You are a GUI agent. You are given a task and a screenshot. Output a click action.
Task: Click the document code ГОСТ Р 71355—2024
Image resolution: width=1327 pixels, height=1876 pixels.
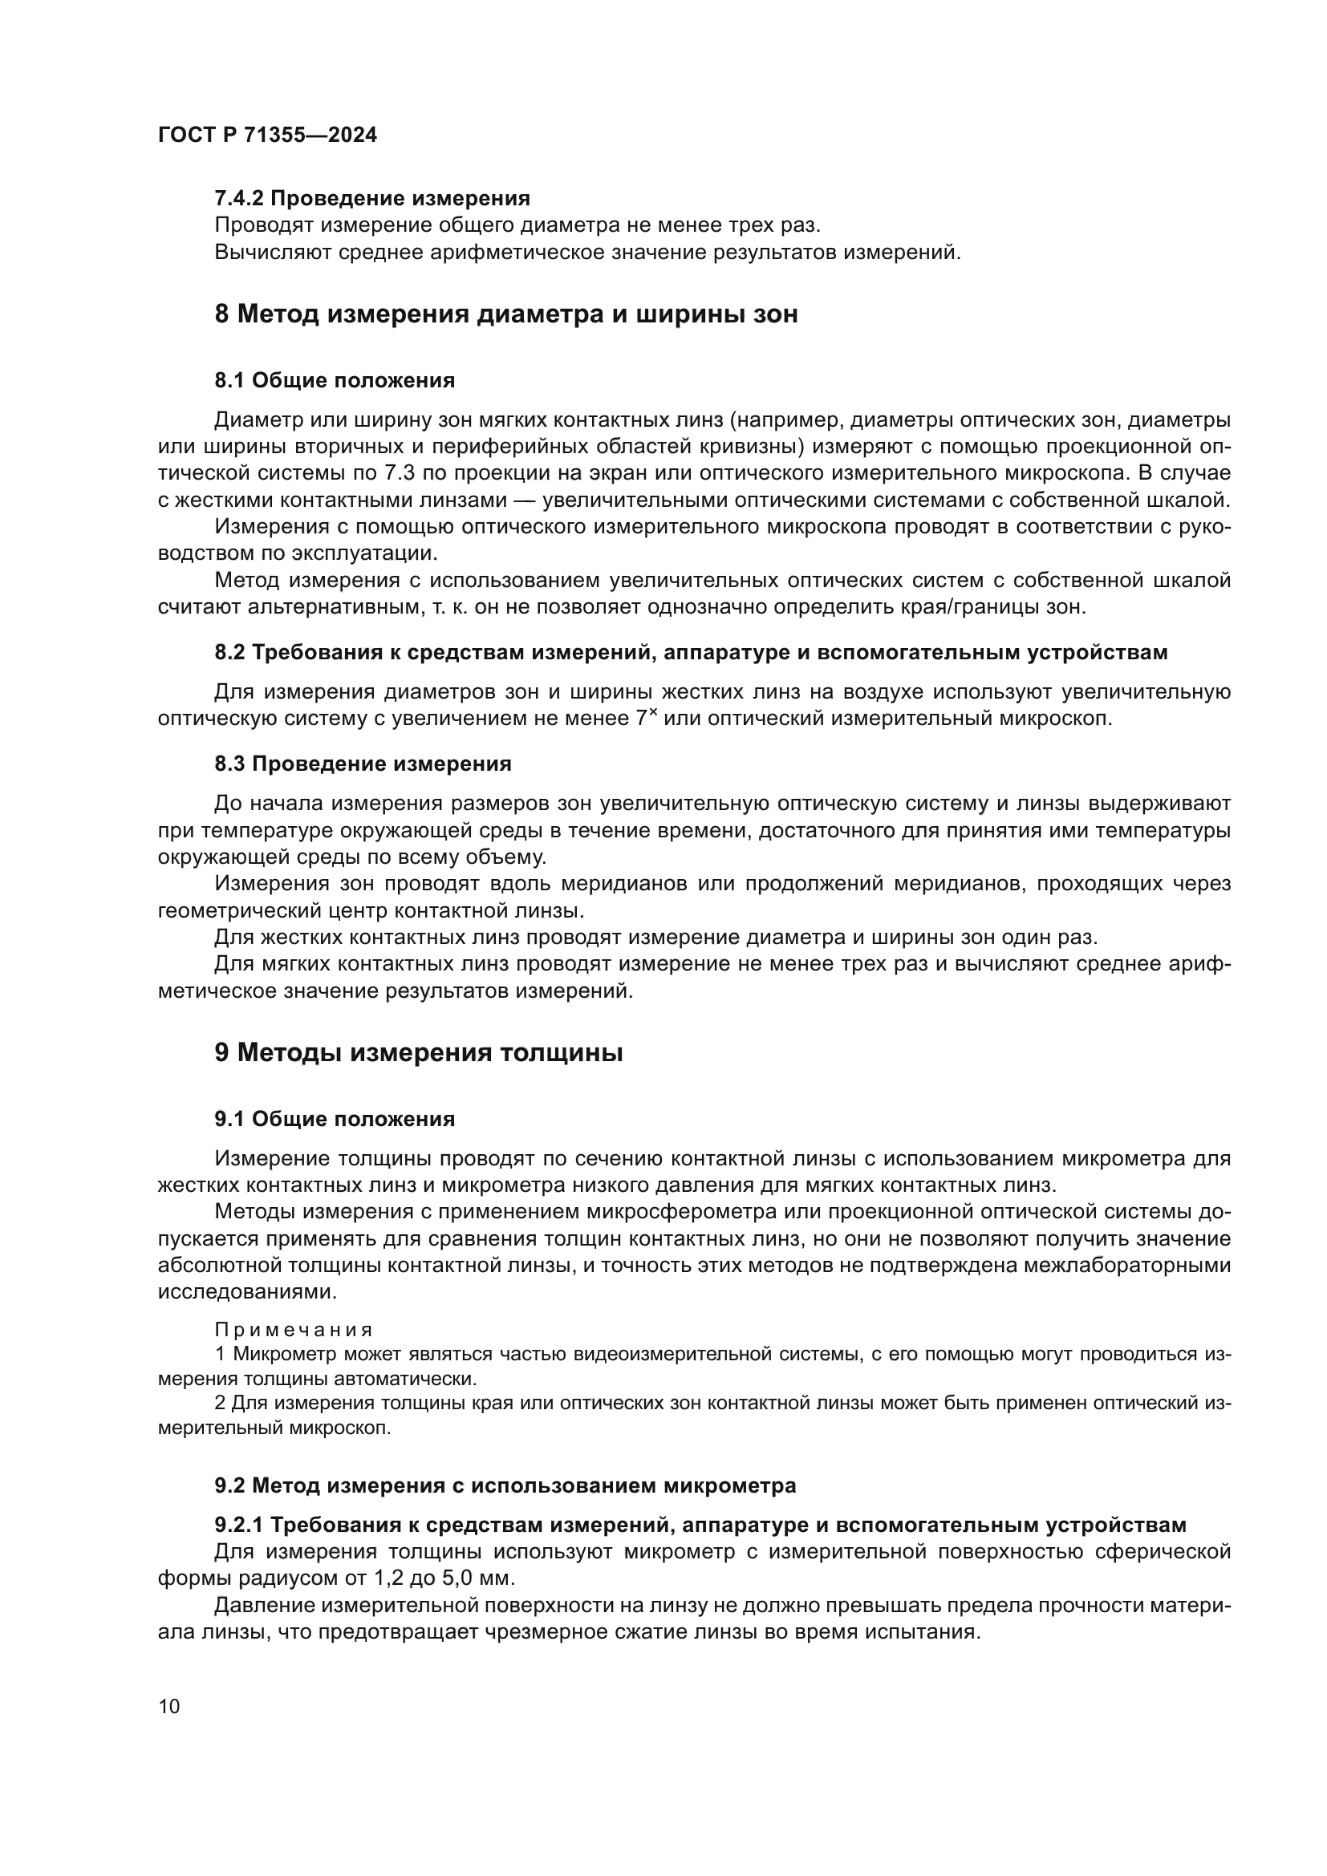click(267, 136)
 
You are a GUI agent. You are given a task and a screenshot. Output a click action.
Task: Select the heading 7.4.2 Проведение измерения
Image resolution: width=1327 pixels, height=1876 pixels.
click(371, 199)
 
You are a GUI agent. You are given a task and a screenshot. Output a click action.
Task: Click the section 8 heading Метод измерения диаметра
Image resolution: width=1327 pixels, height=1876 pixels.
click(505, 314)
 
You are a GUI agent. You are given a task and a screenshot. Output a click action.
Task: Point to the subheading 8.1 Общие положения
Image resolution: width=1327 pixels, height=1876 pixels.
click(335, 380)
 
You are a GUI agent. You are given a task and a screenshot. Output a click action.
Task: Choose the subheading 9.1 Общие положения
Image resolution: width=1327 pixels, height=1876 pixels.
click(335, 1119)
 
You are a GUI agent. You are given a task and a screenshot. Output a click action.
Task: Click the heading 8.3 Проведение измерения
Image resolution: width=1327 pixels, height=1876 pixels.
click(363, 764)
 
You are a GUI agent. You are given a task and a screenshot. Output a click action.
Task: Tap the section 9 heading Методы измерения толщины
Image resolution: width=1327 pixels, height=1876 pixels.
click(418, 1052)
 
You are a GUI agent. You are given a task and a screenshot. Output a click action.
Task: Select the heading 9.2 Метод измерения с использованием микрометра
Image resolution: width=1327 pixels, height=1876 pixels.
click(505, 1485)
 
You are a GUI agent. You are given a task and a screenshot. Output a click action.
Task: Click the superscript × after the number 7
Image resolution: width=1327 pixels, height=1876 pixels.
click(653, 712)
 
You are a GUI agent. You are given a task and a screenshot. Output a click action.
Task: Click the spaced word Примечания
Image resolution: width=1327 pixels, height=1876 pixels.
click(294, 1329)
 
